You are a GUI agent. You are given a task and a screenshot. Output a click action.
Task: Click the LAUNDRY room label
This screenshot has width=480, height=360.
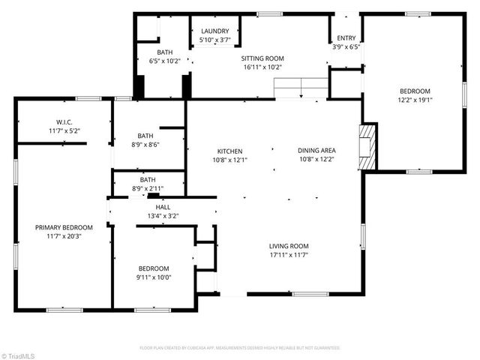point(215,31)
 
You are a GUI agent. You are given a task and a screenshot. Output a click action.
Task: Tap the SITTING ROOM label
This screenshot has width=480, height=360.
point(262,57)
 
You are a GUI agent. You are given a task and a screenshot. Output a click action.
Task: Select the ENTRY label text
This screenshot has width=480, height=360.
point(346,37)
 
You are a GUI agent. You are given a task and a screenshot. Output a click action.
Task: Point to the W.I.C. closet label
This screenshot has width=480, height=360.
point(64,122)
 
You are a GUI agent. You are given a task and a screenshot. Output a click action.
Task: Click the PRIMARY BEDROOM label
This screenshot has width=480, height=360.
point(64,227)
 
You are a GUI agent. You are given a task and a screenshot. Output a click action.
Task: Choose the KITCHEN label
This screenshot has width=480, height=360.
point(230,151)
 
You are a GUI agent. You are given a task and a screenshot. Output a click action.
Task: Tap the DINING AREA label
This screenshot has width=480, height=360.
point(316,151)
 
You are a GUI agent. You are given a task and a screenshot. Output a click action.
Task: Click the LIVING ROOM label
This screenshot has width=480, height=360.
point(289,246)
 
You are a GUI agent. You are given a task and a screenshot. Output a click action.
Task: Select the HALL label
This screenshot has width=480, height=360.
point(163,207)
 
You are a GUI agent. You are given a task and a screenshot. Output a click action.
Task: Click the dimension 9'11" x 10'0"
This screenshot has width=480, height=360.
point(154,277)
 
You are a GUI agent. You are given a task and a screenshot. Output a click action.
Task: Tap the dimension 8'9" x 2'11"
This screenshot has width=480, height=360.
point(148,187)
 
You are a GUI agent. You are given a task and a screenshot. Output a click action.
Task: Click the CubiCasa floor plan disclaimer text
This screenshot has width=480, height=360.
point(240,348)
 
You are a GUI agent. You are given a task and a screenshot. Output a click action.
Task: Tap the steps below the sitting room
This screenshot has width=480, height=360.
point(301,88)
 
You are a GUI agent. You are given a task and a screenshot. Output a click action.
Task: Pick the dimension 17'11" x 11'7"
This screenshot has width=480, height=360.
point(289,255)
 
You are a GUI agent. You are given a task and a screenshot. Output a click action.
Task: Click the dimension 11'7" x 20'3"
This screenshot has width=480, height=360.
point(64,235)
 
